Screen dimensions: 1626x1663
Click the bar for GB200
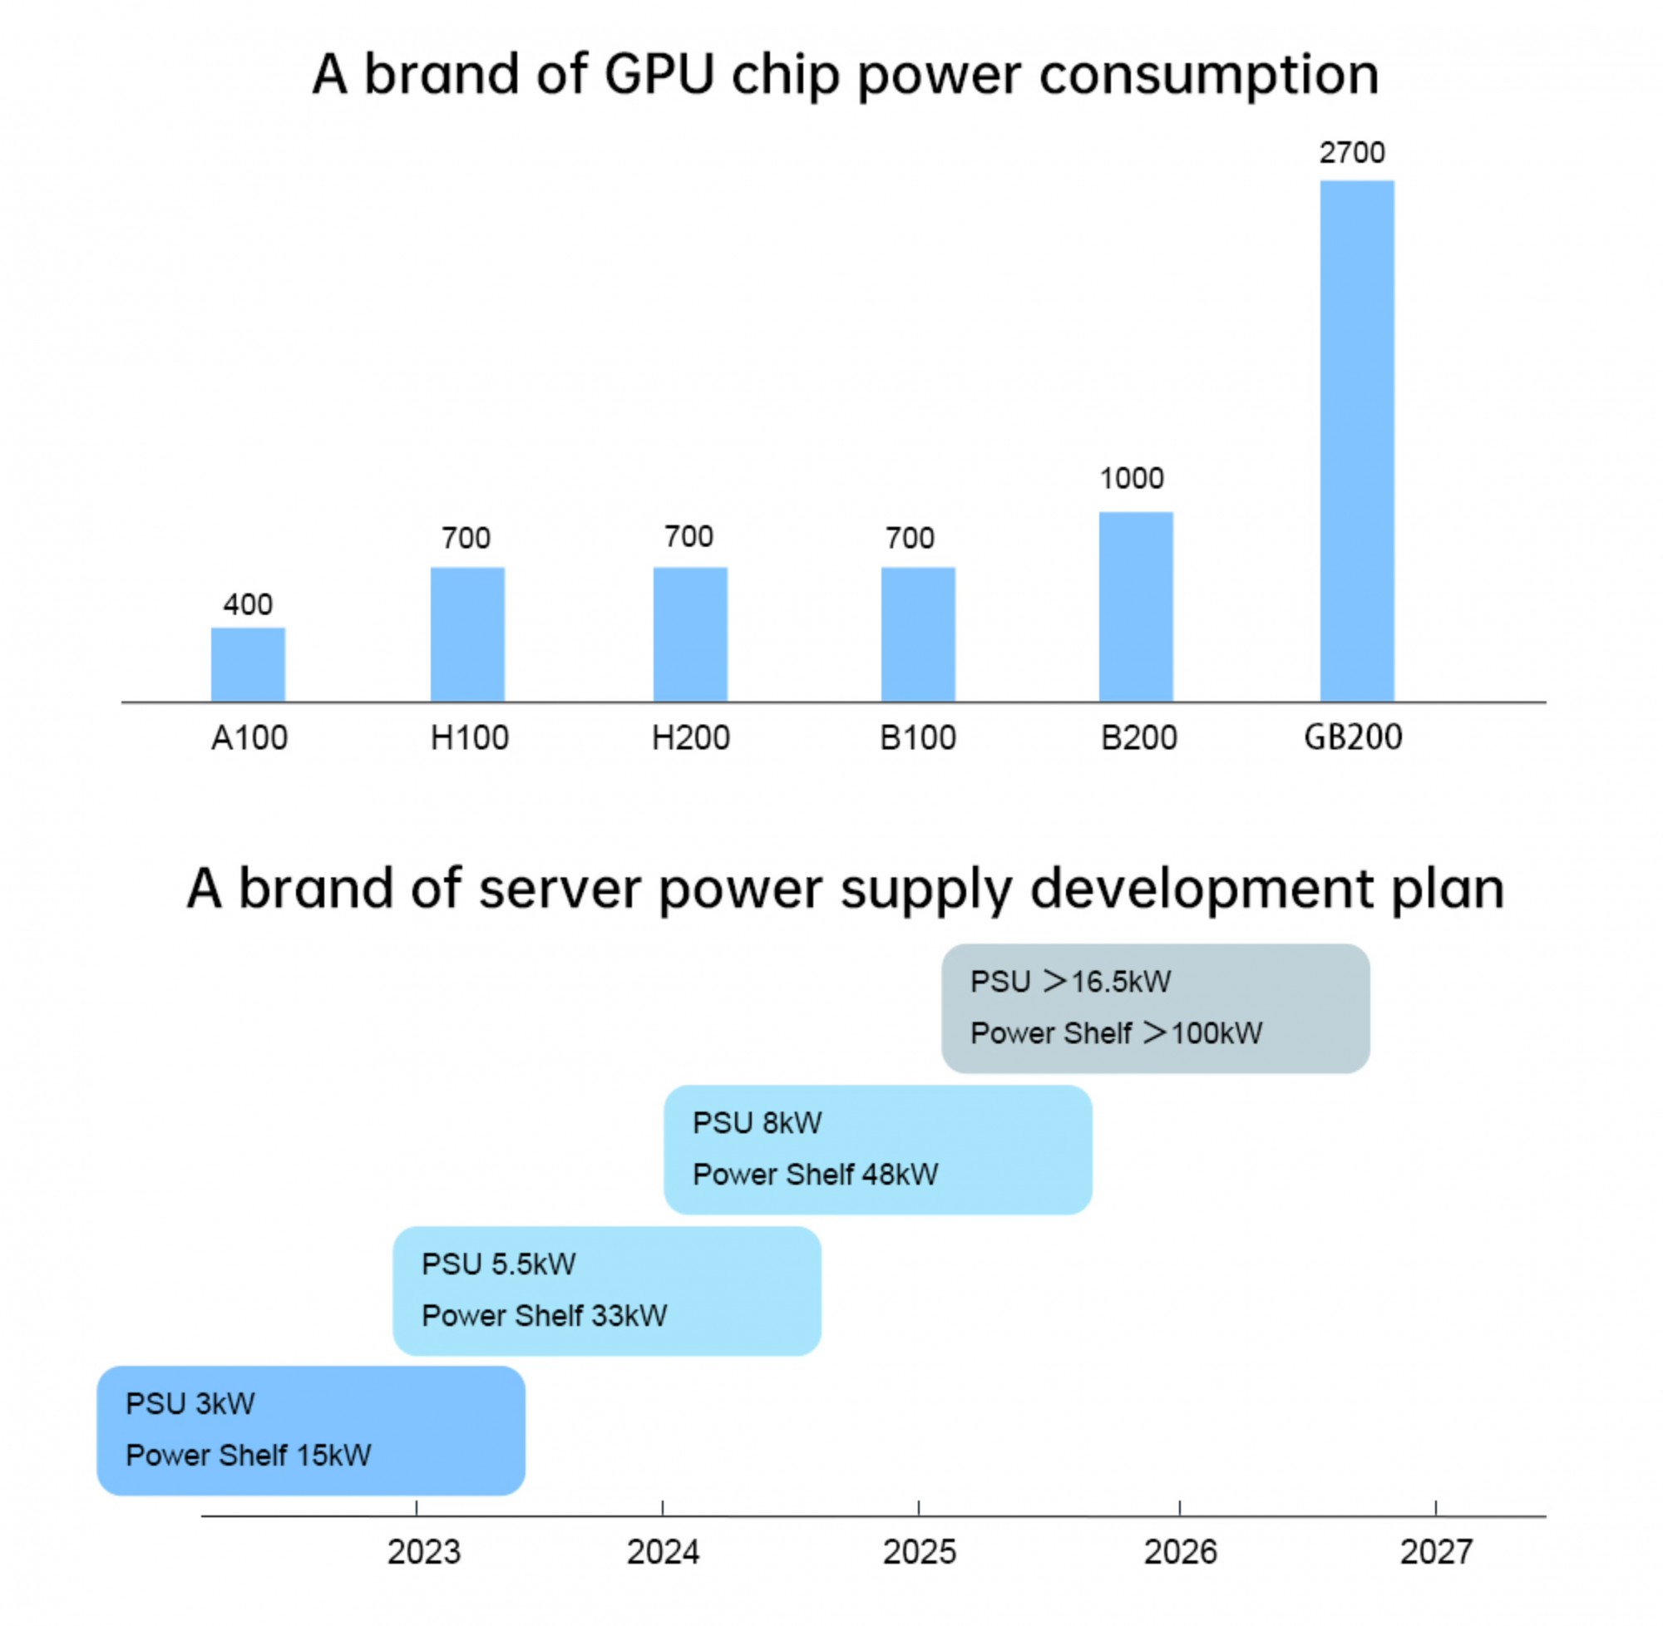click(x=1356, y=441)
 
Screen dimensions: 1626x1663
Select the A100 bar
click(x=248, y=664)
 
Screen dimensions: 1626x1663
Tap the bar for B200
click(x=1135, y=606)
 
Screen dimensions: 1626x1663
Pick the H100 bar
click(x=467, y=634)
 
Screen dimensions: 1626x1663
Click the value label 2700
click(x=1351, y=153)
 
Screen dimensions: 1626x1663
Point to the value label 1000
click(x=1131, y=478)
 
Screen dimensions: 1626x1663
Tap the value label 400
click(x=248, y=604)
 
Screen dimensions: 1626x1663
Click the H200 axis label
click(x=690, y=738)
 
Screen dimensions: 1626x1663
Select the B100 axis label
click(x=917, y=738)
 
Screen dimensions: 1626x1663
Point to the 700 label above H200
click(x=688, y=537)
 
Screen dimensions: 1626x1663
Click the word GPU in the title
click(x=659, y=75)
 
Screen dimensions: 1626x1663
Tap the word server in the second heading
click(x=559, y=889)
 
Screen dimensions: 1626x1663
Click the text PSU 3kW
click(x=190, y=1404)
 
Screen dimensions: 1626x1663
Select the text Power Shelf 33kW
click(x=544, y=1315)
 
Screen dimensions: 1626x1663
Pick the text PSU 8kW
click(x=757, y=1123)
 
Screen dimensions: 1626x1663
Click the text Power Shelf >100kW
click(x=1116, y=1033)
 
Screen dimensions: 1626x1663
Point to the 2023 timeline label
click(x=424, y=1552)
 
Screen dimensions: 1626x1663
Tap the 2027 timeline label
click(x=1436, y=1552)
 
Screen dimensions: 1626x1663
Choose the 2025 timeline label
click(x=919, y=1552)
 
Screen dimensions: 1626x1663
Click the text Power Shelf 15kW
click(x=248, y=1456)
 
